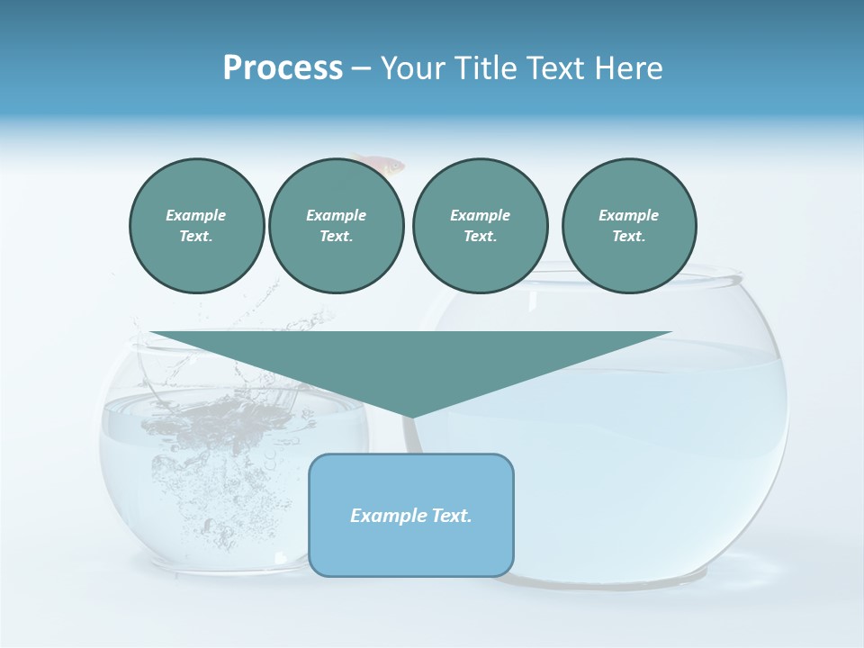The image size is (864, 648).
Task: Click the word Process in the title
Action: (x=283, y=68)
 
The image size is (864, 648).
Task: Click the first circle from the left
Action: (x=196, y=225)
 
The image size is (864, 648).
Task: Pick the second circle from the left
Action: (x=336, y=225)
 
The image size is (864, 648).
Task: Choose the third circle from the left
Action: (x=480, y=225)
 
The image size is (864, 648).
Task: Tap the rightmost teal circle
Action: (x=628, y=225)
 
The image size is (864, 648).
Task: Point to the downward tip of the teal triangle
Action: (x=411, y=417)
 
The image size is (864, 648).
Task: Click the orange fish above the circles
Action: (x=382, y=164)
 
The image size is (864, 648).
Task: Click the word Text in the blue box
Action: (x=452, y=516)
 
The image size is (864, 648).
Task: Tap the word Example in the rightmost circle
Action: (x=628, y=215)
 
